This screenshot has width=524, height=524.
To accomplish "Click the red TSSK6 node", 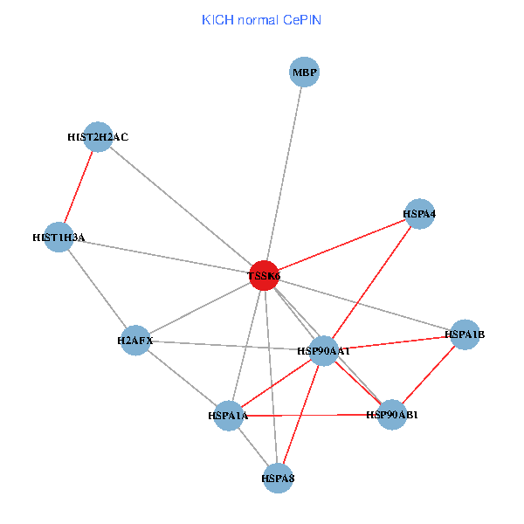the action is coord(264,275).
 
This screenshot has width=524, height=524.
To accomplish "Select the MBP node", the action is coord(304,72).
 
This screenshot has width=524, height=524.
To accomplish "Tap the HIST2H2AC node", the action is coord(100,137).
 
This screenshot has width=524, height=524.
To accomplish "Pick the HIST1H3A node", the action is coord(59,237).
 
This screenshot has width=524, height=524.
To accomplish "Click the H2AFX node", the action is coord(135,340).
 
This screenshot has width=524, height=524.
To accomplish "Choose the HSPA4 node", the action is coord(420,214).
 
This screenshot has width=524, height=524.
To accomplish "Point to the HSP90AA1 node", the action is coord(324,350).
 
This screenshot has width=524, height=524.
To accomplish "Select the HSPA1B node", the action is coord(465,334).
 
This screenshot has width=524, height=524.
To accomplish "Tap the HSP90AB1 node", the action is coord(392,415).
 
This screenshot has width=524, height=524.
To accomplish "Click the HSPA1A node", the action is coord(229,416).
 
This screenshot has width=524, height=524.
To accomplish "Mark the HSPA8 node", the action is coord(277,478).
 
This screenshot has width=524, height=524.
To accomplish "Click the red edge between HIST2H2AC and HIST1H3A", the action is coord(79,187).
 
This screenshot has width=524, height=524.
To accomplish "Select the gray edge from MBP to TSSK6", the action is coord(284,174).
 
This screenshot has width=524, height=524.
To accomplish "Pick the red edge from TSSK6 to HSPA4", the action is coord(342,245).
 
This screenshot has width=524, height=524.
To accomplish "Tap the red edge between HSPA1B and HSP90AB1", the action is coord(429,375).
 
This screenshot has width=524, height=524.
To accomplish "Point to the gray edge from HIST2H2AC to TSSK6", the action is coord(182,206).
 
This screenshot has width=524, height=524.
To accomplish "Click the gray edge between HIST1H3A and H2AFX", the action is coord(97,288).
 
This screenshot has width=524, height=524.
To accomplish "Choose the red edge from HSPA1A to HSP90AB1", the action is coord(310,416).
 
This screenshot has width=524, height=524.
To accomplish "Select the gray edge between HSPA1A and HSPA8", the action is coord(252,446).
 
